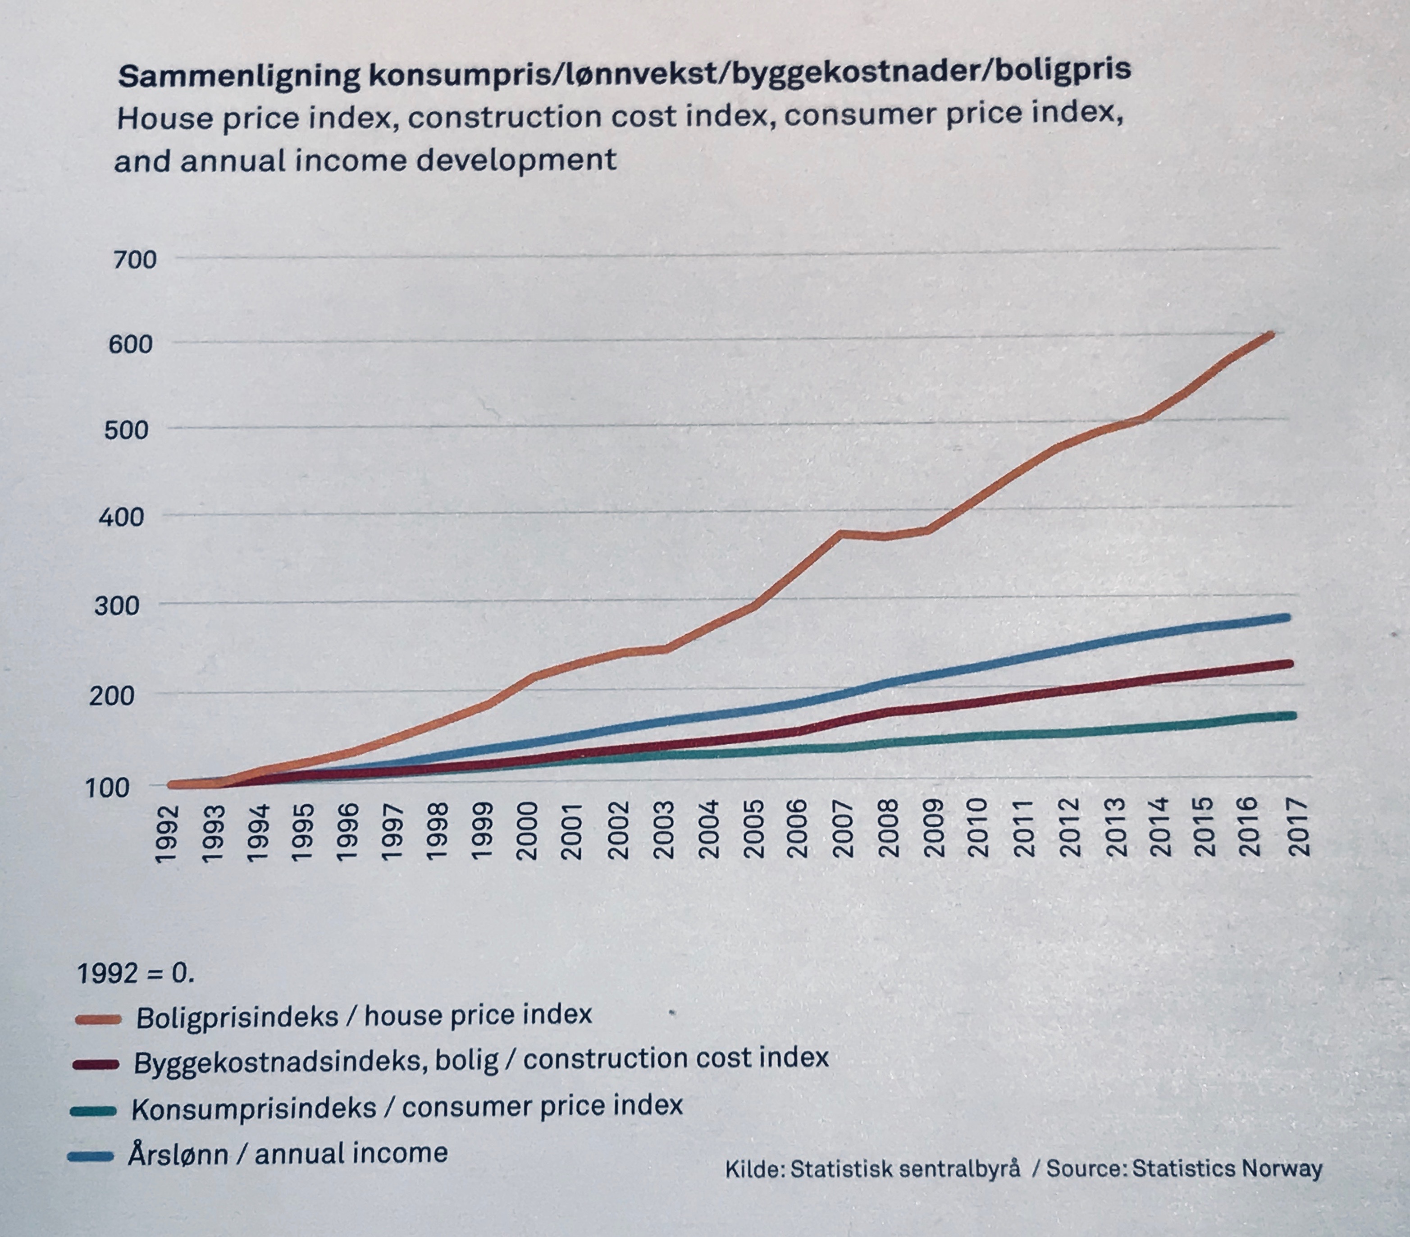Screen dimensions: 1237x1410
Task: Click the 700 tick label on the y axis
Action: (135, 260)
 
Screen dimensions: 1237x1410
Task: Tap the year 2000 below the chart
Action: (528, 831)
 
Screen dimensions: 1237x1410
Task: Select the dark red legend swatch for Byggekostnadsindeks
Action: (96, 1064)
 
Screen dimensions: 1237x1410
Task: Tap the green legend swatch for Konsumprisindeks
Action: (93, 1111)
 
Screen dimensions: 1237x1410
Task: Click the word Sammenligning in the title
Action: (239, 74)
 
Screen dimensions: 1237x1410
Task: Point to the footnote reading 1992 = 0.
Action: (135, 973)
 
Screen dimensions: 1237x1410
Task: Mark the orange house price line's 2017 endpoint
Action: (1271, 334)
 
